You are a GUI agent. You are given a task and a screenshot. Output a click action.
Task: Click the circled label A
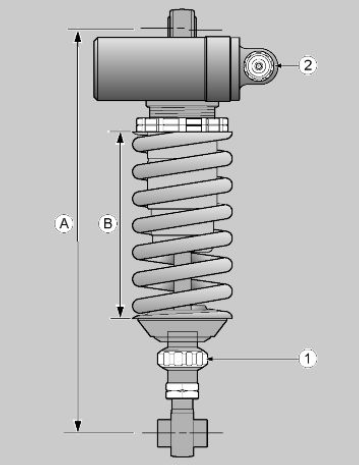pyautogui.click(x=64, y=223)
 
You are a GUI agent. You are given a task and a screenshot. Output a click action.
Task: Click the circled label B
pyautogui.click(x=108, y=223)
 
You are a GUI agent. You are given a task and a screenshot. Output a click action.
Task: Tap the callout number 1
pyautogui.click(x=307, y=359)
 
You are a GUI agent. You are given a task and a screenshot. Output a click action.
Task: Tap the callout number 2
pyautogui.click(x=307, y=65)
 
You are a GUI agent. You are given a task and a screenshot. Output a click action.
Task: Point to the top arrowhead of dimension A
pyautogui.click(x=78, y=37)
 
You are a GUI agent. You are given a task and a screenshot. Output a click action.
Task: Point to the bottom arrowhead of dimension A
pyautogui.click(x=78, y=426)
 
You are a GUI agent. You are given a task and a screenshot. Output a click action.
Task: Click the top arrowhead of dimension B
pyautogui.click(x=120, y=138)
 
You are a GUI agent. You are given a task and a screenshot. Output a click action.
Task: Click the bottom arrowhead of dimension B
pyautogui.click(x=120, y=311)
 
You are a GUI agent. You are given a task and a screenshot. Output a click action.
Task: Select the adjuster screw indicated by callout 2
pyautogui.click(x=259, y=66)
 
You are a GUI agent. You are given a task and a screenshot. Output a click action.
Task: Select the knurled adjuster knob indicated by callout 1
pyautogui.click(x=182, y=359)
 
